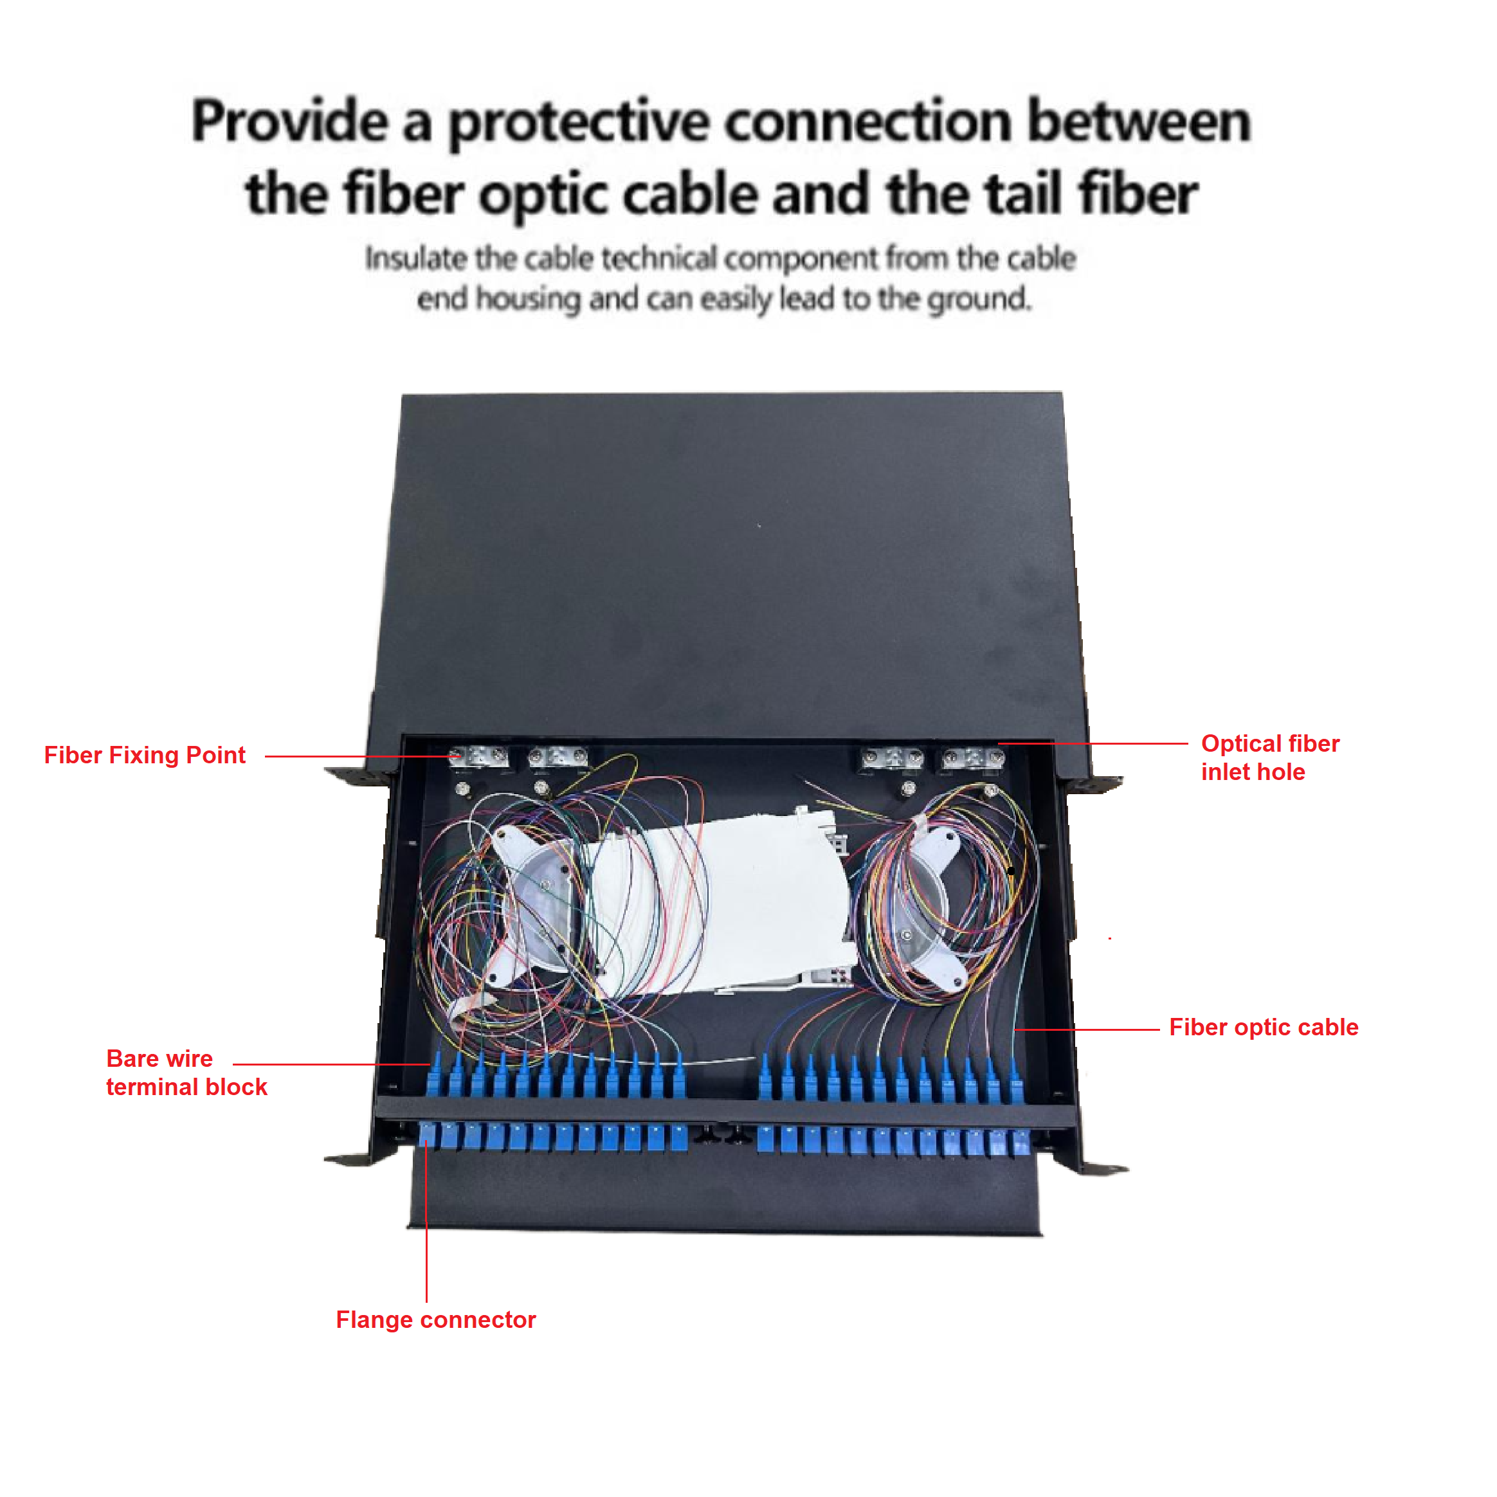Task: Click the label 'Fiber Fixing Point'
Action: pos(145,756)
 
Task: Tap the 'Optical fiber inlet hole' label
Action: pos(1270,758)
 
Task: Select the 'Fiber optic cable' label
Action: pos(1263,1028)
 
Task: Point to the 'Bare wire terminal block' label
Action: pos(186,1073)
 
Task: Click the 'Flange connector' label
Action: pos(435,1320)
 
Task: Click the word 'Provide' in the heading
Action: pos(290,122)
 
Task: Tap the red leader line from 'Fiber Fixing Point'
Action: pos(356,756)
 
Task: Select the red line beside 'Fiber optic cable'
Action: pos(1085,1030)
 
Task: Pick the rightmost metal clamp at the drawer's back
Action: pos(972,757)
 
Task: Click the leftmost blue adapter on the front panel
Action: pos(428,1137)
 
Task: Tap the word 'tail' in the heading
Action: pos(1023,194)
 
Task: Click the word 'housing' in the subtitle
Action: pos(527,298)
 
